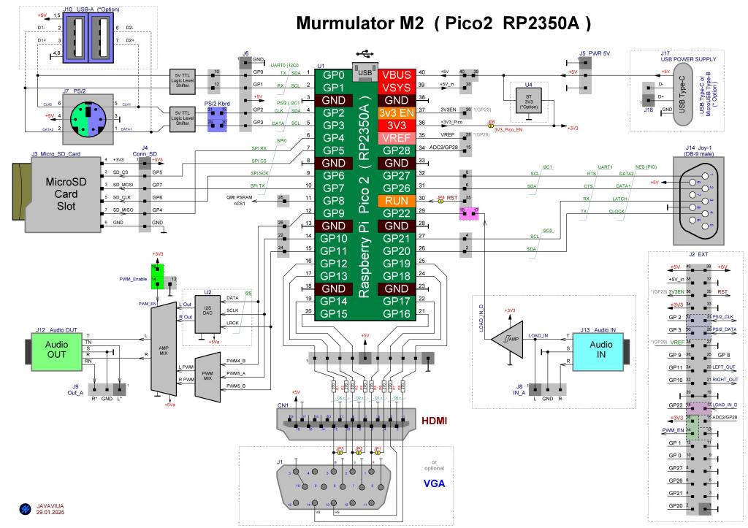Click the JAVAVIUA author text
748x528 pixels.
tap(48, 505)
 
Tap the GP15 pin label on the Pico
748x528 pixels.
tap(334, 313)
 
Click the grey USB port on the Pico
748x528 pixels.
tap(365, 73)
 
